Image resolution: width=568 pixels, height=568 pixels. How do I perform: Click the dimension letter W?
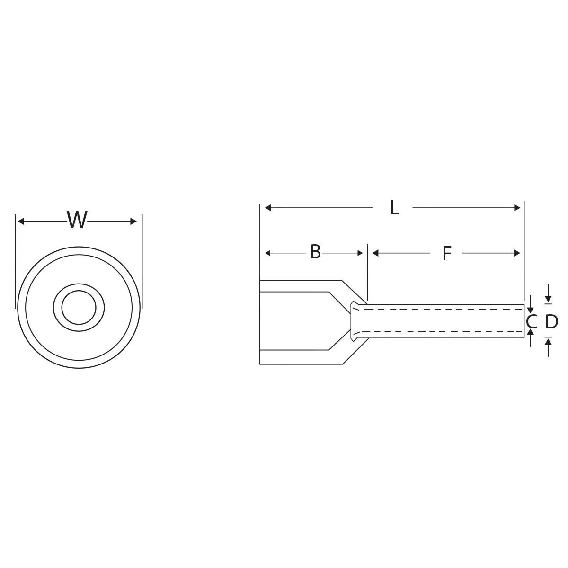point(77,221)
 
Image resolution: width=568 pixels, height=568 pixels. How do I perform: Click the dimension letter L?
point(394,208)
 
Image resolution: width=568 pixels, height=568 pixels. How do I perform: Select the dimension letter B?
point(315,252)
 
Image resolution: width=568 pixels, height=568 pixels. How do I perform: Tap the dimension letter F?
point(446,254)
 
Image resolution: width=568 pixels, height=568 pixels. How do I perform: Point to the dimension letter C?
point(531,322)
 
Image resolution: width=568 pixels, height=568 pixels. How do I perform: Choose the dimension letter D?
point(551,322)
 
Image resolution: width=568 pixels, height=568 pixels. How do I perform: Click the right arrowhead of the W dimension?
point(133,221)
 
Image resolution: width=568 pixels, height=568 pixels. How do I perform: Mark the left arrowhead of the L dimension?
point(268,208)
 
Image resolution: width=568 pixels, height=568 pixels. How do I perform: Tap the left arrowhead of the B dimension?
point(268,253)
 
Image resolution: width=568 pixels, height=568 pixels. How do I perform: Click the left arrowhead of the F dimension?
point(376,253)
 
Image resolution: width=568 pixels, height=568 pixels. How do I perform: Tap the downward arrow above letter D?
point(548,298)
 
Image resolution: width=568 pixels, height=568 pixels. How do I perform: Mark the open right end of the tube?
point(524,321)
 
